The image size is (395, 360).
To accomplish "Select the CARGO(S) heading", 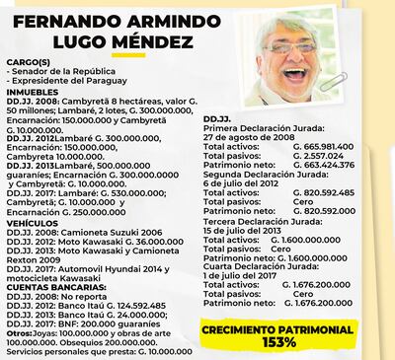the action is click(x=31, y=63).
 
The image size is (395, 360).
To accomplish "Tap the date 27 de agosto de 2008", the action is click(x=255, y=139).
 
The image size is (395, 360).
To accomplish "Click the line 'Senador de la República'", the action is click(x=59, y=73).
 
